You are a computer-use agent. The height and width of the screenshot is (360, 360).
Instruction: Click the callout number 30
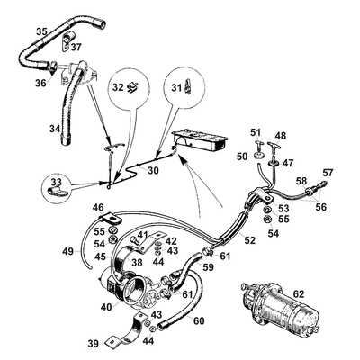(x=154, y=170)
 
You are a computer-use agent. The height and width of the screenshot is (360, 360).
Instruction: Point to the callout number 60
(x=200, y=319)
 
